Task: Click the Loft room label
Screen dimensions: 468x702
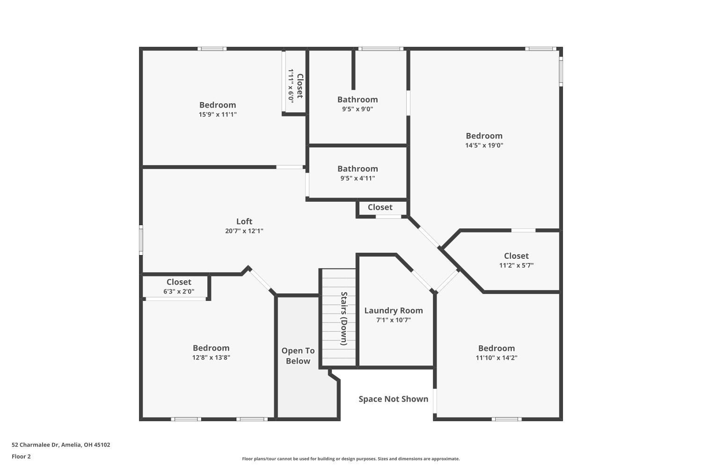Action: coord(244,221)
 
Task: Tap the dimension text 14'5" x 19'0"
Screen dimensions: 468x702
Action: coord(484,145)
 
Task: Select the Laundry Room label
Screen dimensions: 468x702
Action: coord(393,310)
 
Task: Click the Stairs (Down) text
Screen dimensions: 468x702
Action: coord(344,318)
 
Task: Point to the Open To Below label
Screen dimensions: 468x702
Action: coord(298,356)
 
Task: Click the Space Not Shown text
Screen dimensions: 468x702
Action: coord(393,399)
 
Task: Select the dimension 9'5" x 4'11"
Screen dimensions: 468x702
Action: coord(358,178)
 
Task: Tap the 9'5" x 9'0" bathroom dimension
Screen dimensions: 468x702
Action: coord(358,109)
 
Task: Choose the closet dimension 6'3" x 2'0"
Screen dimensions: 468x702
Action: coord(179,291)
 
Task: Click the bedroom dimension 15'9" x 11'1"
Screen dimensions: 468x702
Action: coord(218,114)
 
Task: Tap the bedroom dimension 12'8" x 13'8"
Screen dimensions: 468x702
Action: coord(211,358)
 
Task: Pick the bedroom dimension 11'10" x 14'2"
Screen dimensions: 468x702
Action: coord(497,358)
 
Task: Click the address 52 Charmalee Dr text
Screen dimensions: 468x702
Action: coord(61,445)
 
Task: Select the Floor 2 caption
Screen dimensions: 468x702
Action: coord(21,456)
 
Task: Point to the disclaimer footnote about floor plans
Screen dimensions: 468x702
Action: coord(351,459)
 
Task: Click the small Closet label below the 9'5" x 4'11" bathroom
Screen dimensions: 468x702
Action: coord(380,207)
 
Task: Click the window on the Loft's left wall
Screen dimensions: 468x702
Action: coord(141,240)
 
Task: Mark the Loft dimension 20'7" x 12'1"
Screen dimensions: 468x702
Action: coord(244,231)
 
